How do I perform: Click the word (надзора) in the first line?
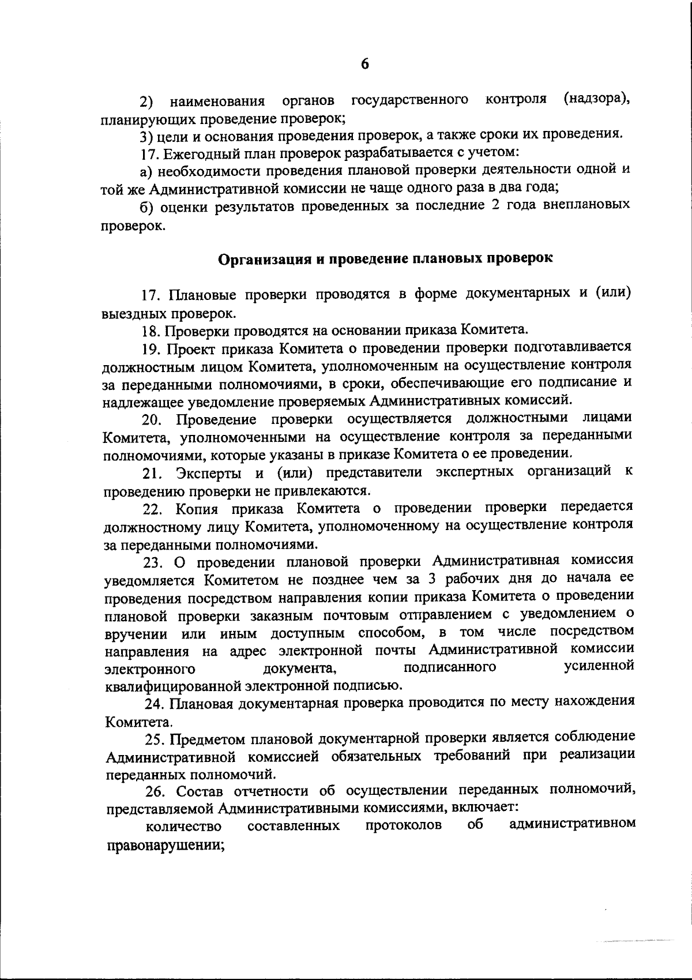pyautogui.click(x=595, y=99)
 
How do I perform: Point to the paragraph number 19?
pyautogui.click(x=152, y=348)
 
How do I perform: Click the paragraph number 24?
pyautogui.click(x=152, y=703)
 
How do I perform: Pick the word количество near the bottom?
pyautogui.click(x=184, y=827)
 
